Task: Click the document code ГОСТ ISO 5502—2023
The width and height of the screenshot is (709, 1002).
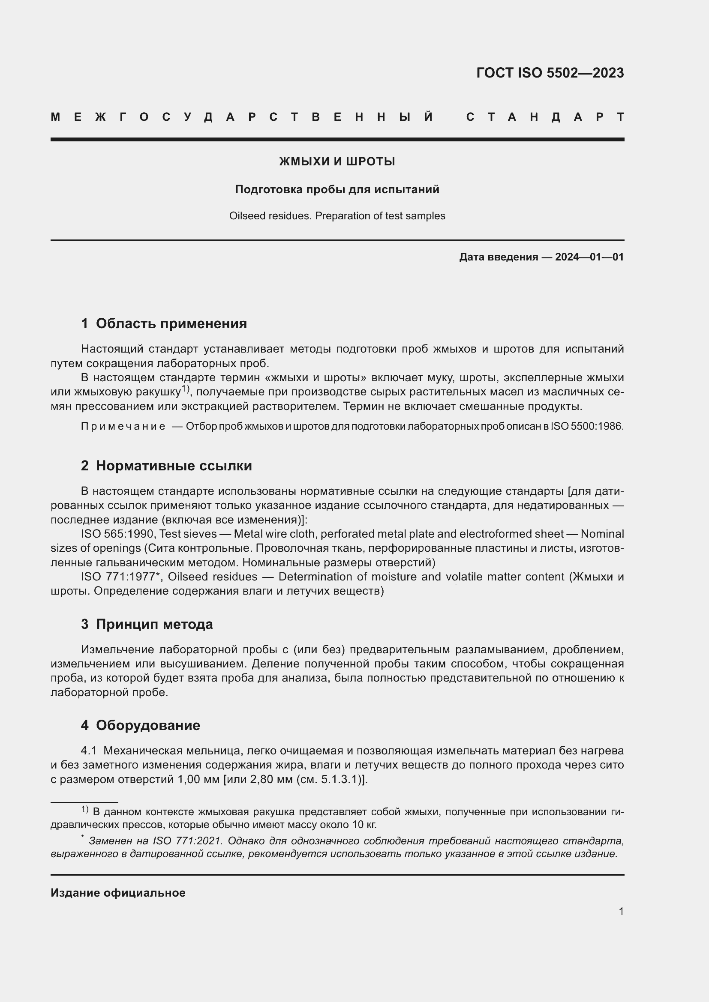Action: (x=550, y=73)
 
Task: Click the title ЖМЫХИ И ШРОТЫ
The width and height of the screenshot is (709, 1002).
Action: (x=337, y=162)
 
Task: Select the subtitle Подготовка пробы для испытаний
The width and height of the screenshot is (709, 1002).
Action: (x=337, y=189)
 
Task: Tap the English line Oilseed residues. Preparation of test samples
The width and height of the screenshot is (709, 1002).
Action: (x=337, y=216)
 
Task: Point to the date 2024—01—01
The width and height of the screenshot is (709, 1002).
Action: (x=589, y=257)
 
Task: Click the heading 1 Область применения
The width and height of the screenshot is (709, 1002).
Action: (x=164, y=323)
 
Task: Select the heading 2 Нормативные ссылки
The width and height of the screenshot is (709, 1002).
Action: (x=166, y=466)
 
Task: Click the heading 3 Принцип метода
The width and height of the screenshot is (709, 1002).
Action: (x=147, y=624)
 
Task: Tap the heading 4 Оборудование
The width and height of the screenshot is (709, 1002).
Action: (x=140, y=725)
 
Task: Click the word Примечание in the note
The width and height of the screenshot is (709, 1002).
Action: (x=123, y=426)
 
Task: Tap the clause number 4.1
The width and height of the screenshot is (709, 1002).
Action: (x=89, y=751)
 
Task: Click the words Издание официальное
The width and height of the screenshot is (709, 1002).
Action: (x=118, y=893)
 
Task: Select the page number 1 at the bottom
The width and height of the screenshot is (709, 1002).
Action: (x=621, y=911)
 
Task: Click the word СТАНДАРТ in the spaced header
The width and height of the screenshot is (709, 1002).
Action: (x=545, y=117)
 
